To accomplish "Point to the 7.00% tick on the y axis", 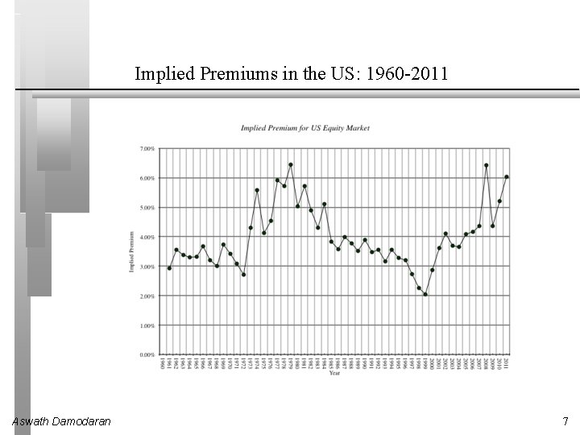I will coord(147,149).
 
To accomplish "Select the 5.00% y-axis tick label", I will coord(147,208).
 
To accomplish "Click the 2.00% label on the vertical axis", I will coord(147,296).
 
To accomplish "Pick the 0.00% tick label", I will coord(147,355).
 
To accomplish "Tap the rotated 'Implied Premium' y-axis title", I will coord(131,252).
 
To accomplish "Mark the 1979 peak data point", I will coord(291,164).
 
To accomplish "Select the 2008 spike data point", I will coord(487,165).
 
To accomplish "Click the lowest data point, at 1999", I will coord(425,294).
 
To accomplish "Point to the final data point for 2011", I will coord(507,176).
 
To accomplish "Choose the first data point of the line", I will coord(169,268).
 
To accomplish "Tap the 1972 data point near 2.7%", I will coord(243,275).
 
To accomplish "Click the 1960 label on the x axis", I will coord(163,363).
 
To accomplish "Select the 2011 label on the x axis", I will coord(507,363).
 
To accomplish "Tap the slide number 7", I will coord(565,421).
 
